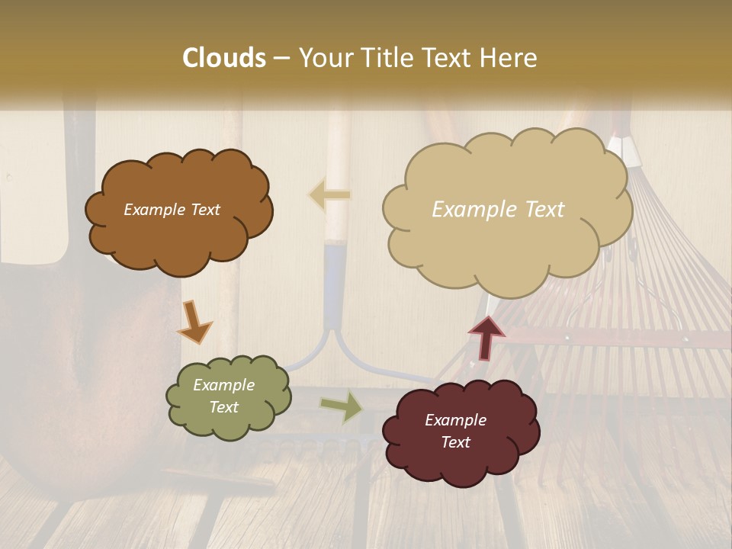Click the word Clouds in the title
coord(224,58)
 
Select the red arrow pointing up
coord(486,336)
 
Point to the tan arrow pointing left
coord(330,195)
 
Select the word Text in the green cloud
coord(224,407)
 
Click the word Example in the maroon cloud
coord(455,420)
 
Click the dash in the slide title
coord(281,58)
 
